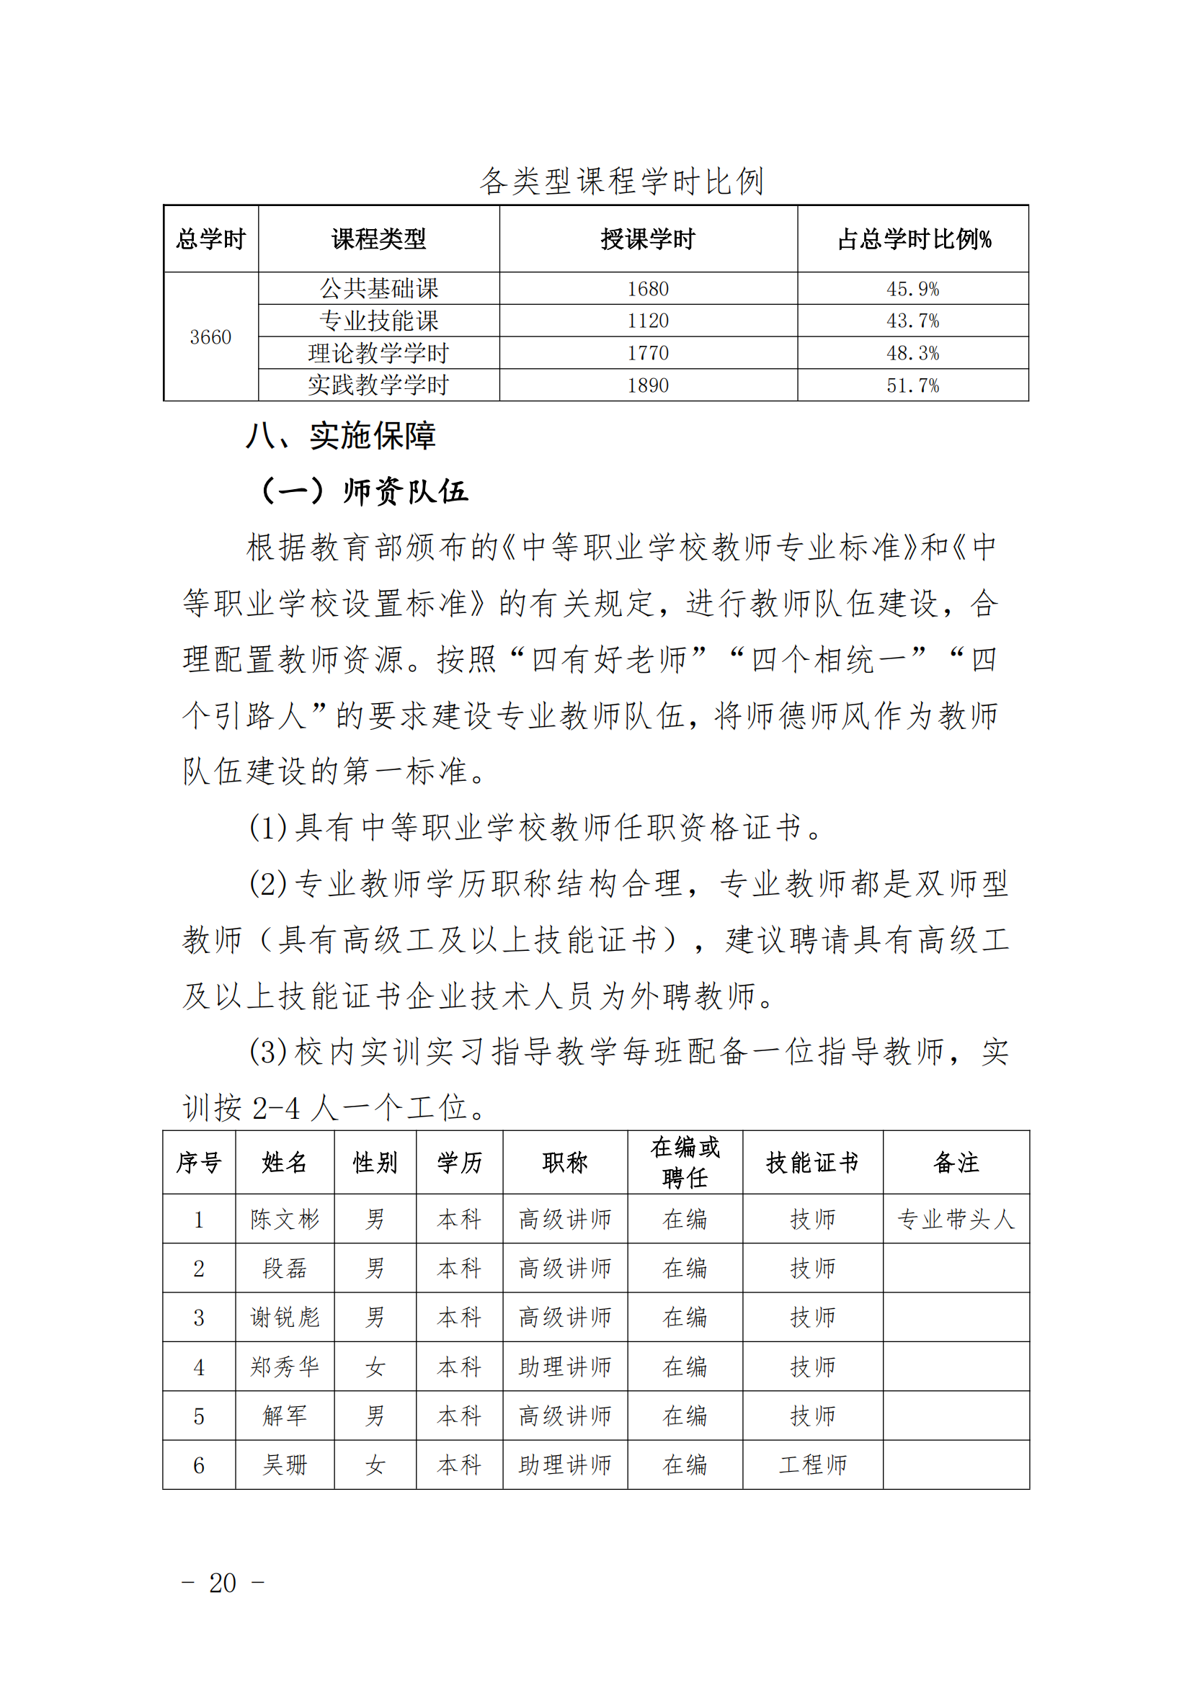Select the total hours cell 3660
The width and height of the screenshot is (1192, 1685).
click(210, 337)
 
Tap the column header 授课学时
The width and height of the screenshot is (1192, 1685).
click(647, 239)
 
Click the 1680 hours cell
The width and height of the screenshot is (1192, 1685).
click(647, 289)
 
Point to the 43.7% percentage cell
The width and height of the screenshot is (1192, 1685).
click(912, 321)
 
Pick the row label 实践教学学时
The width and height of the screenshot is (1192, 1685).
click(378, 385)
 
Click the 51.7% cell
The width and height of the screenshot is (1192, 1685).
click(912, 385)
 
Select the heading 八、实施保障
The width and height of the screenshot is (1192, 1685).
click(341, 436)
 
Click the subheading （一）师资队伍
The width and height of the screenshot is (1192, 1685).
click(364, 491)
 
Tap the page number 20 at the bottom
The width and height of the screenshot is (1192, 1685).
click(223, 1583)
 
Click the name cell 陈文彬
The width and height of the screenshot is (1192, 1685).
click(285, 1220)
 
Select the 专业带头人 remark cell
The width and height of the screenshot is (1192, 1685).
click(956, 1220)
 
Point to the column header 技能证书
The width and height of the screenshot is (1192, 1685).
click(811, 1163)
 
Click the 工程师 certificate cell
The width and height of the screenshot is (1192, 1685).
click(811, 1465)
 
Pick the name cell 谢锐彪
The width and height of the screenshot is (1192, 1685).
click(285, 1318)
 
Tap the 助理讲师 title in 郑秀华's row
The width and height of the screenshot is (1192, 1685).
click(564, 1367)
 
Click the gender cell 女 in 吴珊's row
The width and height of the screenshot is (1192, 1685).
click(375, 1465)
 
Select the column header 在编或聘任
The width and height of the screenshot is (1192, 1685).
click(685, 1163)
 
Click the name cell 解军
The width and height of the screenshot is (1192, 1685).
click(285, 1416)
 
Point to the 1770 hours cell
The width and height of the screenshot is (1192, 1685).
click(647, 353)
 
